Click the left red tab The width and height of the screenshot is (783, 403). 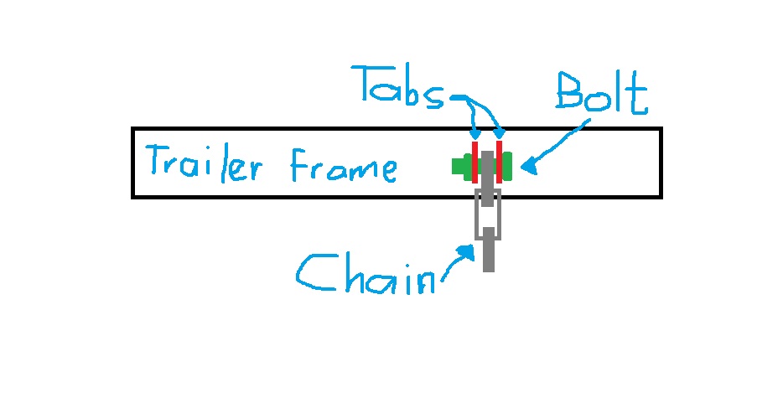pyautogui.click(x=474, y=162)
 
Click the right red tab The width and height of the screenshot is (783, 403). pyautogui.click(x=499, y=162)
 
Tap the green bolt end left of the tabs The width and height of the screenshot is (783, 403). pyautogui.click(x=460, y=166)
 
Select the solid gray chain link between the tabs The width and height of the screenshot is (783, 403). pyautogui.click(x=487, y=166)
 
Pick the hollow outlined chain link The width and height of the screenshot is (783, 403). pyautogui.click(x=488, y=214)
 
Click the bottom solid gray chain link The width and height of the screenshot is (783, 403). pyautogui.click(x=489, y=255)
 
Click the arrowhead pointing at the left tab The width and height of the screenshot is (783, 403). pyautogui.click(x=474, y=135)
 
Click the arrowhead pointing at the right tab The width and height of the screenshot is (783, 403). pyautogui.click(x=500, y=133)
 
